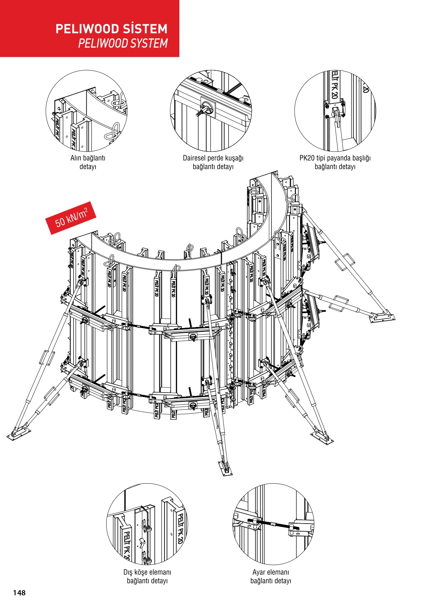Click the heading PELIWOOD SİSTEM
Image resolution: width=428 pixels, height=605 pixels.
pyautogui.click(x=111, y=29)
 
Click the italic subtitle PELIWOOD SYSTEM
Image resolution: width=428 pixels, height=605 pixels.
pyautogui.click(x=123, y=43)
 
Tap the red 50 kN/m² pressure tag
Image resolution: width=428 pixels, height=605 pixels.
pyautogui.click(x=71, y=218)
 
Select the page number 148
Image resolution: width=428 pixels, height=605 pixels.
pyautogui.click(x=19, y=593)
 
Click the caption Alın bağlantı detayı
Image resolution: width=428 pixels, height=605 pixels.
pyautogui.click(x=88, y=162)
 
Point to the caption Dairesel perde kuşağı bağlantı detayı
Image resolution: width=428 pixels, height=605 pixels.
pyautogui.click(x=213, y=162)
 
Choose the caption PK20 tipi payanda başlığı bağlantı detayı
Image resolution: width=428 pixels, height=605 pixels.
pyautogui.click(x=335, y=162)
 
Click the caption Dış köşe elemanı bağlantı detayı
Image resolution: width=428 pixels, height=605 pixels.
pyautogui.click(x=147, y=576)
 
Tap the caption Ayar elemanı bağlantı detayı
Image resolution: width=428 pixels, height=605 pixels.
pyautogui.click(x=271, y=576)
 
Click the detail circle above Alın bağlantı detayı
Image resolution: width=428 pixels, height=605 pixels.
pyautogui.click(x=87, y=111)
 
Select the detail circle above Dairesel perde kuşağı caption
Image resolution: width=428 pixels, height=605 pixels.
pyautogui.click(x=211, y=111)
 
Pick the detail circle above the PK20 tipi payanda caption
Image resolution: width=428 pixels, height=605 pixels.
pyautogui.click(x=335, y=111)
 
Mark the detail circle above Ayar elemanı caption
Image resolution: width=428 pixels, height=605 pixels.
pyautogui.click(x=273, y=524)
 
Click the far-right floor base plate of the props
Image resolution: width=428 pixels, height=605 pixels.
pyautogui.click(x=382, y=317)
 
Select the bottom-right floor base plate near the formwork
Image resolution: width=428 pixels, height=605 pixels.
pyautogui.click(x=322, y=437)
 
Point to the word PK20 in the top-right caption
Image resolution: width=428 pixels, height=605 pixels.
pyautogui.click(x=307, y=158)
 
